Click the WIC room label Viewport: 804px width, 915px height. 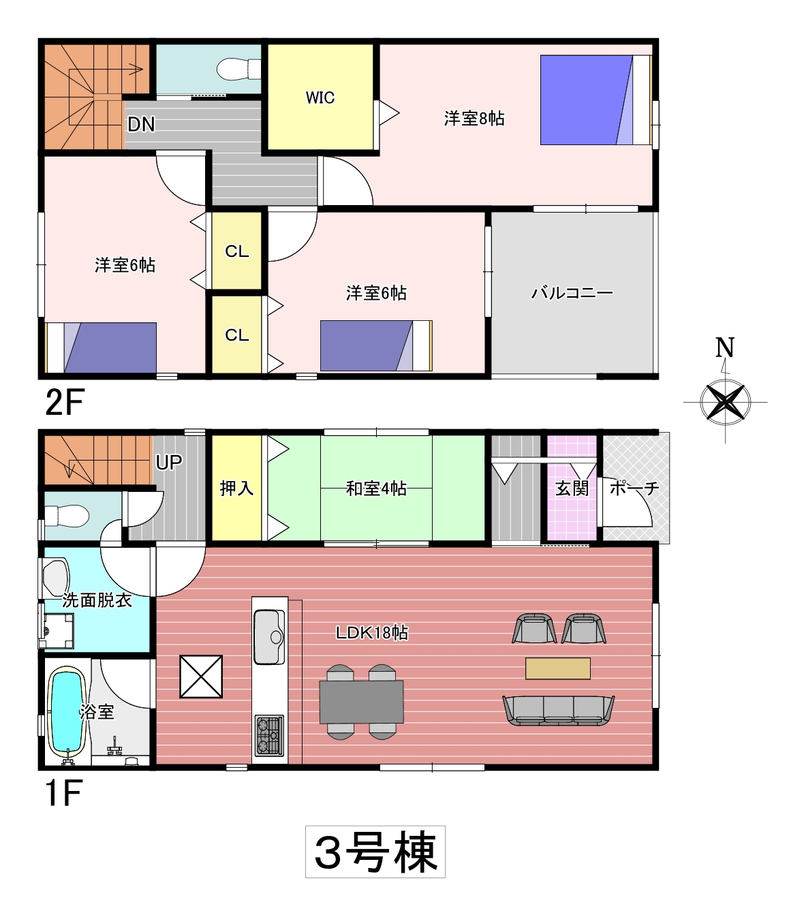(x=320, y=97)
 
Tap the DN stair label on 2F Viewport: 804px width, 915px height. (x=141, y=124)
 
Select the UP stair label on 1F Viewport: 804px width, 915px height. (x=168, y=462)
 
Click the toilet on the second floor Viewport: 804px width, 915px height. (x=239, y=69)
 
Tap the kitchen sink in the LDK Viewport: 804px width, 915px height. (x=269, y=637)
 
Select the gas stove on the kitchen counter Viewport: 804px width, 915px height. (x=269, y=736)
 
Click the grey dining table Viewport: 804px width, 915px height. (x=361, y=702)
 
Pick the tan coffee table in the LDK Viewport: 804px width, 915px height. (x=558, y=668)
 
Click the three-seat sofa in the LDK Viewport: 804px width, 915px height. (x=558, y=711)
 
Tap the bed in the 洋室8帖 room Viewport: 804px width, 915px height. (x=596, y=99)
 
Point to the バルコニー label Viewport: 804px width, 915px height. (x=572, y=294)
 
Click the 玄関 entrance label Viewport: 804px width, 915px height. (x=572, y=488)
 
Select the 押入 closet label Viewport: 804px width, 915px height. (x=236, y=488)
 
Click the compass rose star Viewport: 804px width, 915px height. (x=726, y=401)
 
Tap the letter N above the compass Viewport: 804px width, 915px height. (x=725, y=347)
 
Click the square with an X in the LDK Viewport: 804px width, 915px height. (x=201, y=677)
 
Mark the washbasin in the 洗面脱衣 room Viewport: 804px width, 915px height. (x=56, y=578)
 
